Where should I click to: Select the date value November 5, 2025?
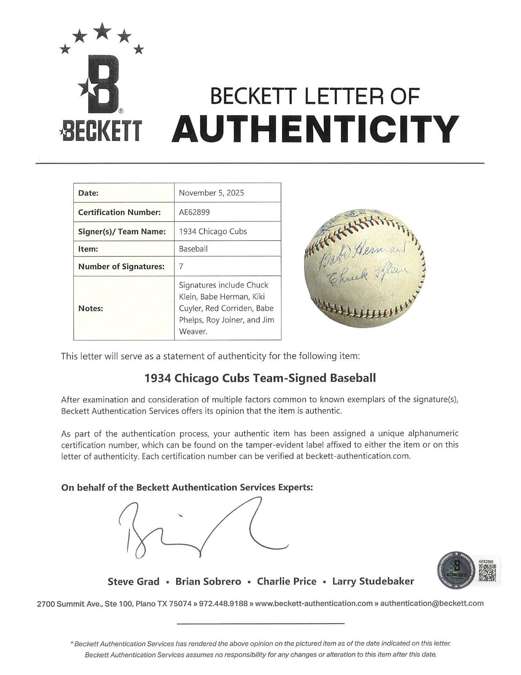(211, 193)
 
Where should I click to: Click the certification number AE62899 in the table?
(194, 212)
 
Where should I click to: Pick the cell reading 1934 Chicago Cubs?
(213, 231)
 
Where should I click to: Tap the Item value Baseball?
(193, 249)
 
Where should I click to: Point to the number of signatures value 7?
(181, 266)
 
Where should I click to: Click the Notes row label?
(91, 308)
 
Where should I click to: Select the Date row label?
(89, 193)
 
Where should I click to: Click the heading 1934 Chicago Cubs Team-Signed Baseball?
(260, 378)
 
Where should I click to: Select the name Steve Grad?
(134, 581)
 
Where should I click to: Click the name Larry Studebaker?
(373, 581)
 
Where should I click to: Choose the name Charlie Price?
(287, 581)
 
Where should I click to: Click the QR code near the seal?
(486, 570)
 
